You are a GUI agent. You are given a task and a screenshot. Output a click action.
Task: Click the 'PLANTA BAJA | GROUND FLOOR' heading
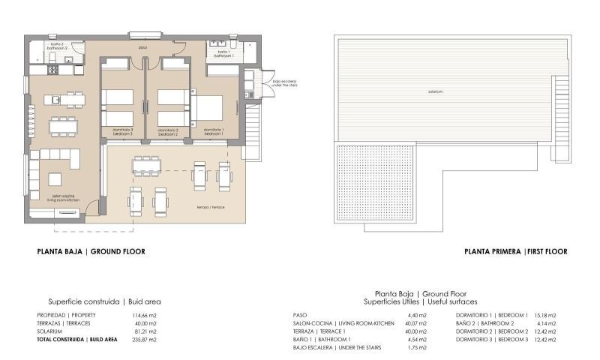coord(91,252)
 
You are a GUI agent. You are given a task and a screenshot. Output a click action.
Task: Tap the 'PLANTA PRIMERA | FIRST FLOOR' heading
coord(515,252)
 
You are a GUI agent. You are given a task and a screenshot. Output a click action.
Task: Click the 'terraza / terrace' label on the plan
coord(211,207)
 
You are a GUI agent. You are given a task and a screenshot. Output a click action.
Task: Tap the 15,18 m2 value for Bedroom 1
coord(544,315)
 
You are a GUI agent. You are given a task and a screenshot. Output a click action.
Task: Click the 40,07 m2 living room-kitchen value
coord(417,323)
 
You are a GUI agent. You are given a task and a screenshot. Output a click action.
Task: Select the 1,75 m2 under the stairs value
coord(417,348)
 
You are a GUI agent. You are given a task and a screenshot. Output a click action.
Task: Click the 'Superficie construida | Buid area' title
coord(105,301)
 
